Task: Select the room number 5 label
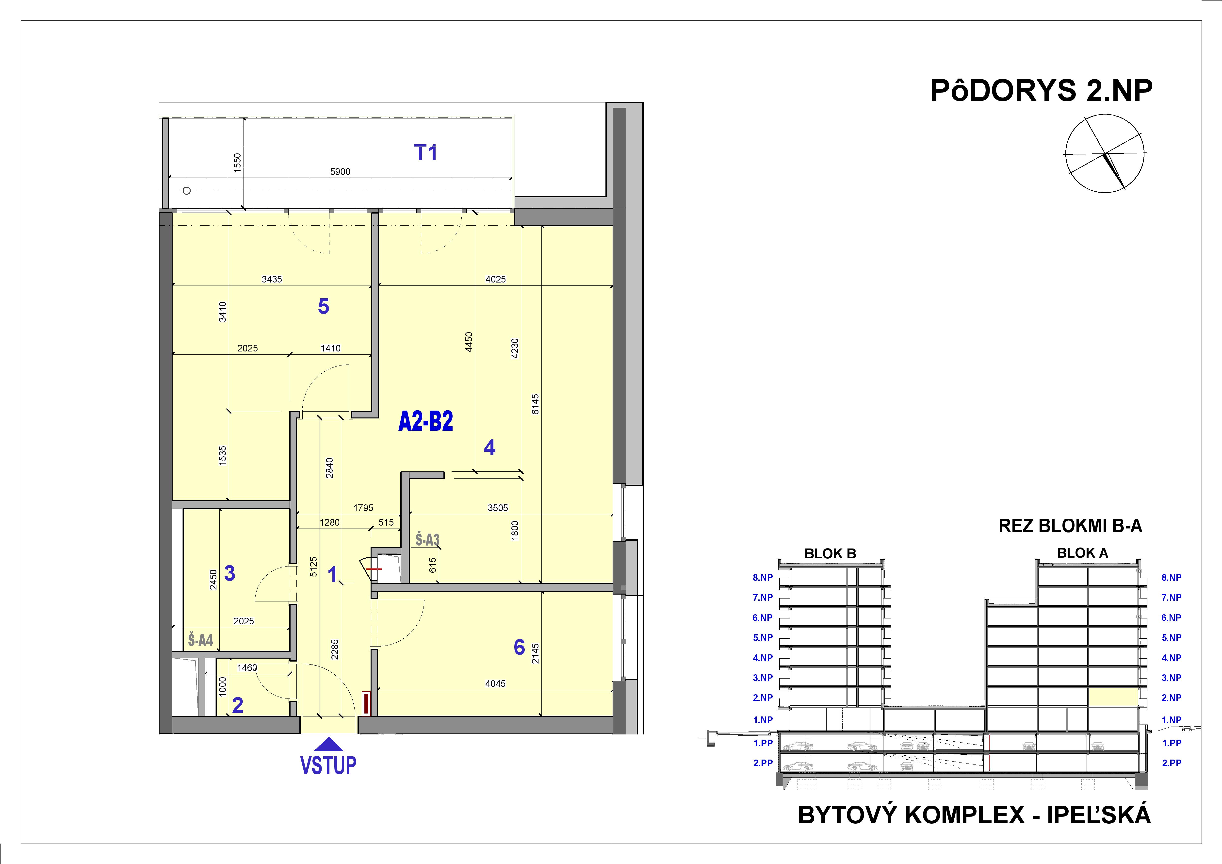[x=323, y=307]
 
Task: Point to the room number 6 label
[x=519, y=647]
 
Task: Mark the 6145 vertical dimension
[x=536, y=405]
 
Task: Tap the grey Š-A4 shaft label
[x=200, y=640]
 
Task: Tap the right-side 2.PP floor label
[x=1172, y=763]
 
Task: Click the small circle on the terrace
[x=186, y=191]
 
